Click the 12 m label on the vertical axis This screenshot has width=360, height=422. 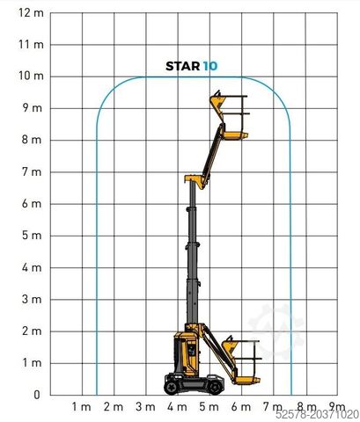click(x=31, y=13)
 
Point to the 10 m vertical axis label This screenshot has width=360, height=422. click(x=31, y=76)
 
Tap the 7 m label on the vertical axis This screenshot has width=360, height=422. click(x=32, y=171)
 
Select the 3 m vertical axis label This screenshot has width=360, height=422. click(x=32, y=299)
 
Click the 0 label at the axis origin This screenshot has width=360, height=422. click(x=36, y=395)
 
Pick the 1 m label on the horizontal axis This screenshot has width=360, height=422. click(x=82, y=407)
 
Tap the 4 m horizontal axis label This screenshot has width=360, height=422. click(x=177, y=407)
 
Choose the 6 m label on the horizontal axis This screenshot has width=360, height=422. click(x=241, y=407)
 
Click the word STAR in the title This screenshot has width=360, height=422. click(x=182, y=66)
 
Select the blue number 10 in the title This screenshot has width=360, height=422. click(x=210, y=66)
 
